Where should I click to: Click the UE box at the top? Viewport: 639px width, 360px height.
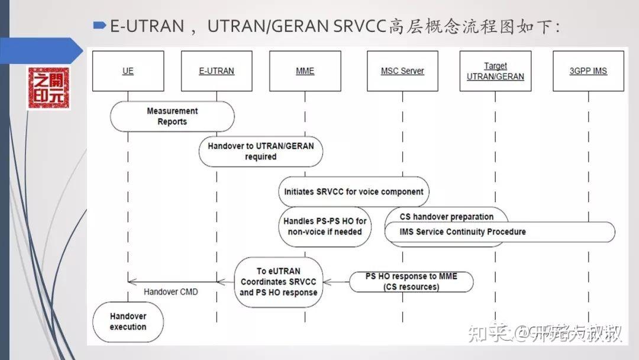click(128, 71)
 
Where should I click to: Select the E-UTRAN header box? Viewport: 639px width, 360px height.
click(217, 71)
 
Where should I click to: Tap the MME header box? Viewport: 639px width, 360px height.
click(305, 71)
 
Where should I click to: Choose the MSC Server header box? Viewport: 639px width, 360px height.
click(402, 71)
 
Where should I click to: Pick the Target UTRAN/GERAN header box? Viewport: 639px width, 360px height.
click(495, 71)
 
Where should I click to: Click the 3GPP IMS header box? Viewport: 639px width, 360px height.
click(588, 71)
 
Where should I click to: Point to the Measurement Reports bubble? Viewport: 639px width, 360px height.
click(172, 116)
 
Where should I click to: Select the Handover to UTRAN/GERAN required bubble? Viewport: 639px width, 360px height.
click(261, 152)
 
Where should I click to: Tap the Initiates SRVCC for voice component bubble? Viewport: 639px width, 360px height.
click(354, 192)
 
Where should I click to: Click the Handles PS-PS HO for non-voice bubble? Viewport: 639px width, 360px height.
click(325, 226)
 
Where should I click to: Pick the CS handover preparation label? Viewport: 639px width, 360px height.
click(447, 217)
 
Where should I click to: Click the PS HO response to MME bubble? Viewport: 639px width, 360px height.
click(411, 282)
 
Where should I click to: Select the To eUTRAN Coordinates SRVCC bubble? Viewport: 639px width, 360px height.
click(279, 282)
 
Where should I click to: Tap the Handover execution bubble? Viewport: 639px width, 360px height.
click(128, 322)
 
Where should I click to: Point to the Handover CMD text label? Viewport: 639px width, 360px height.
click(170, 292)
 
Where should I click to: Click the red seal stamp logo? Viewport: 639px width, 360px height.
click(48, 88)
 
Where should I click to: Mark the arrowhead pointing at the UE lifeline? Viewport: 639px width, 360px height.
click(131, 282)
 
